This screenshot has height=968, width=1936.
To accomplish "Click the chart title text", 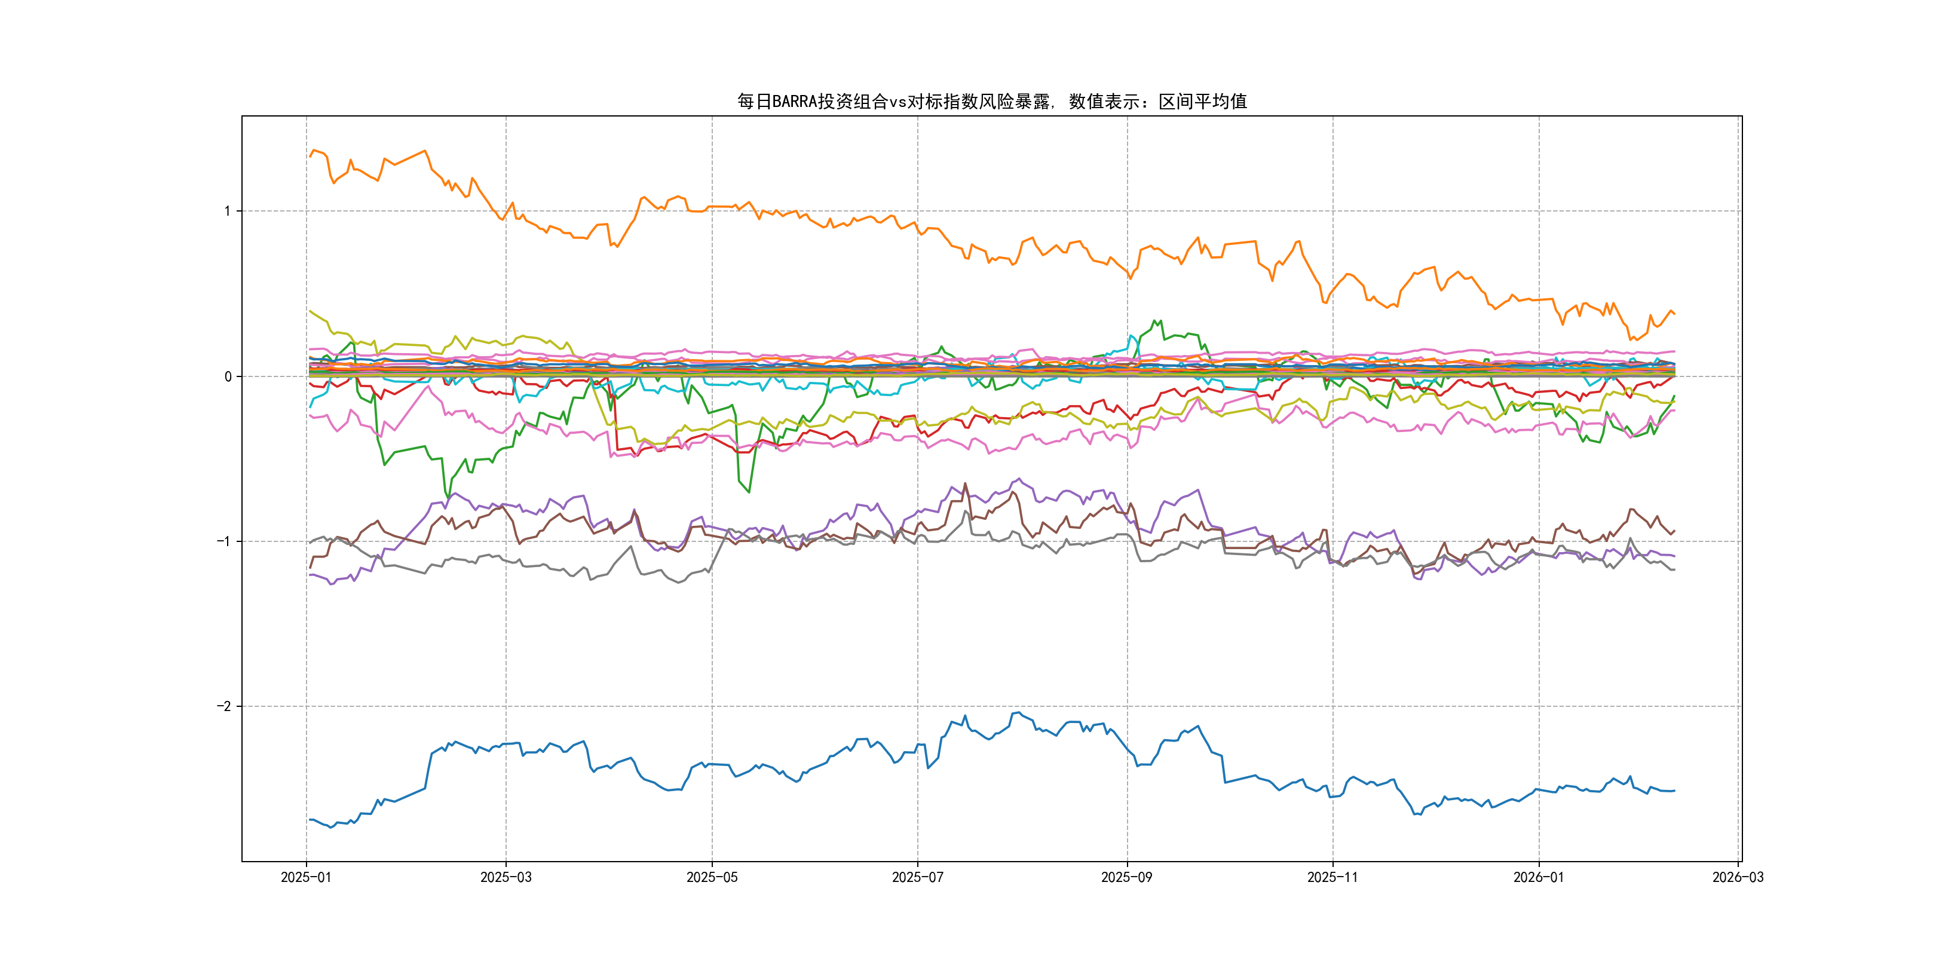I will (x=991, y=102).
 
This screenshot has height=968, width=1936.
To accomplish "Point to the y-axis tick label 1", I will (x=227, y=211).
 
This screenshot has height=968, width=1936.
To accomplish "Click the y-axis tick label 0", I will (x=228, y=376).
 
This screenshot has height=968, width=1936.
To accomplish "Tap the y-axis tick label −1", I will (x=223, y=541).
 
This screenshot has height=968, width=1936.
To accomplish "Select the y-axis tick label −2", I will (x=223, y=706).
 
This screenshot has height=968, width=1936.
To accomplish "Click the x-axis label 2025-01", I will (x=306, y=878).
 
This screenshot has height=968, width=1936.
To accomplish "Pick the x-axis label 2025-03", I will (x=506, y=878).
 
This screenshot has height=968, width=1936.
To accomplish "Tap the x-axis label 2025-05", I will (x=712, y=878).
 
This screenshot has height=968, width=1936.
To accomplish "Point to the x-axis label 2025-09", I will (x=1126, y=878).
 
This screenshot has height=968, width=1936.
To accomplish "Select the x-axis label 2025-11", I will (x=1332, y=878).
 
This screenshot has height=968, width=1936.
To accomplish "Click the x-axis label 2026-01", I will (x=1539, y=878).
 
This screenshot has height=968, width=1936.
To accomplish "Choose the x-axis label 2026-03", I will (x=1738, y=878).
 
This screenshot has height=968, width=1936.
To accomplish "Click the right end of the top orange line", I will (x=1674, y=313).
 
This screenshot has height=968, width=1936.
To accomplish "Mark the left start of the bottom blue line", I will (x=310, y=819).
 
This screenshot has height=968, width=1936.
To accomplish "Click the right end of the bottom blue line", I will (x=1674, y=791).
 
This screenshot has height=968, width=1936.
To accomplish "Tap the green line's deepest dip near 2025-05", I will (x=749, y=492).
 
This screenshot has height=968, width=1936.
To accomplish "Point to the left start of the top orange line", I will (x=310, y=155).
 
